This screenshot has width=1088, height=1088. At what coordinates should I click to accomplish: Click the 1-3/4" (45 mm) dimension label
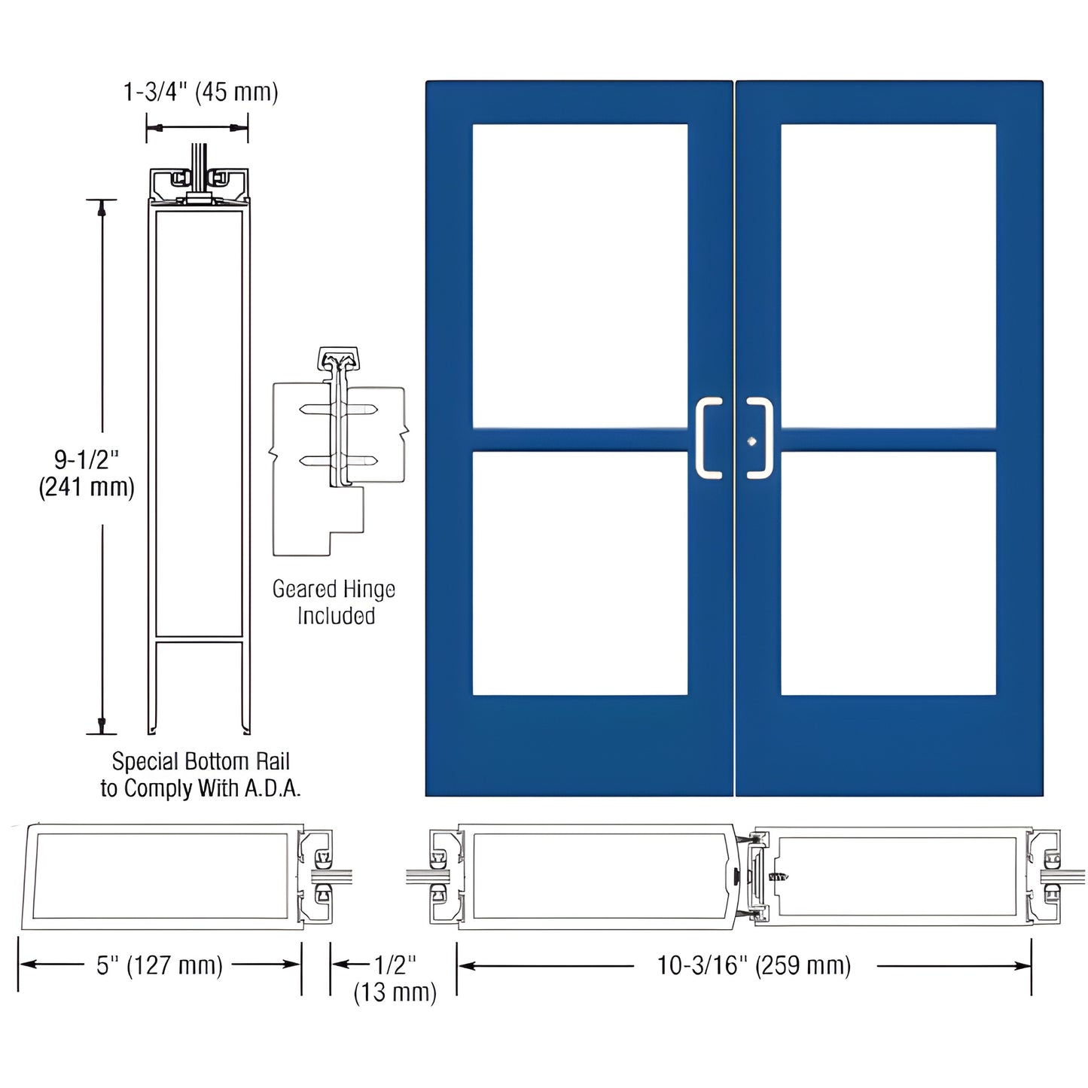click(200, 93)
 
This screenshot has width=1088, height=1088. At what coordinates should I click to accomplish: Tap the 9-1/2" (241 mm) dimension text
click(87, 473)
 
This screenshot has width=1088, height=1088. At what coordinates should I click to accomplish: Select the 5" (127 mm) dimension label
click(160, 965)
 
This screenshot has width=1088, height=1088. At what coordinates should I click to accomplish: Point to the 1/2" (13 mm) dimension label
click(395, 978)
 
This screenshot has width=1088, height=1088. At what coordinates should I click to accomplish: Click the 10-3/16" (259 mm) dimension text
click(754, 965)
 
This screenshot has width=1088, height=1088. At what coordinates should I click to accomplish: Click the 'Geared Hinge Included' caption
click(334, 602)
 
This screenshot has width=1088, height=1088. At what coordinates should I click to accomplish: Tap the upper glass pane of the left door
click(580, 276)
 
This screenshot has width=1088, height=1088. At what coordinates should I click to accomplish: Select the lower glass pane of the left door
click(580, 572)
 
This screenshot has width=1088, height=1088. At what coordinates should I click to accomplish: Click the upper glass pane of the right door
click(888, 276)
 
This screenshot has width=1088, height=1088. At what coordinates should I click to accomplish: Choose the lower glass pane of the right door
click(888, 572)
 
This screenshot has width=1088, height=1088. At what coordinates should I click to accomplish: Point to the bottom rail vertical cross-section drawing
click(199, 452)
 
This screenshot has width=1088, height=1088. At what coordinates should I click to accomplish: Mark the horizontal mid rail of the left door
click(580, 439)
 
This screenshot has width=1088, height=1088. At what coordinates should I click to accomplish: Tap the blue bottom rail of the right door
click(888, 745)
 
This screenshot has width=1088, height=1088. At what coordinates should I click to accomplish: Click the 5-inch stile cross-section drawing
click(162, 876)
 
